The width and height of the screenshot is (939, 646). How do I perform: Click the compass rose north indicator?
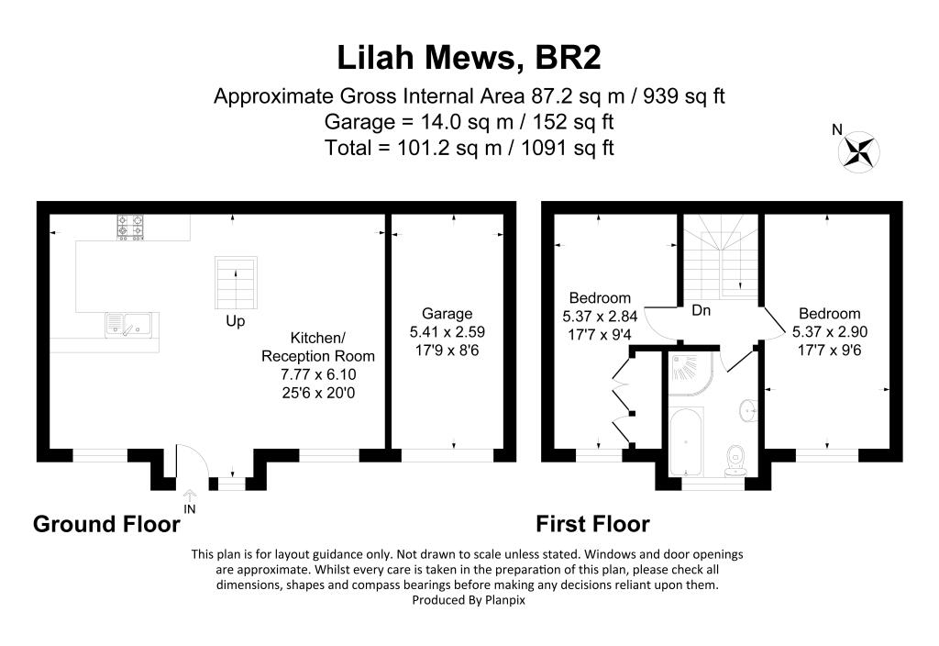click(859, 150)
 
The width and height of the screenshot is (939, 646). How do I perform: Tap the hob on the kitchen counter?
click(129, 227)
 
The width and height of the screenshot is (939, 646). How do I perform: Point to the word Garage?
click(447, 313)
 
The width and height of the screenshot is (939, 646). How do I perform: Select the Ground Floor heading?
click(106, 524)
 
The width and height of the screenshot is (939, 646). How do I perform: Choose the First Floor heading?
click(592, 524)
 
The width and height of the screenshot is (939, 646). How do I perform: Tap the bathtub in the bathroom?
click(684, 445)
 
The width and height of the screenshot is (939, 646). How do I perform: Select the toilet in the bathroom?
click(734, 459)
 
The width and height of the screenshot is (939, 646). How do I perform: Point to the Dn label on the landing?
click(701, 311)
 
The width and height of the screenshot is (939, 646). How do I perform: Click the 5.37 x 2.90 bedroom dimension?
click(829, 331)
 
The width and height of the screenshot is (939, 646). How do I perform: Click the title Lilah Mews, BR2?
click(469, 58)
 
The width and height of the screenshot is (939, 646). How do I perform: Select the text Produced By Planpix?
click(469, 599)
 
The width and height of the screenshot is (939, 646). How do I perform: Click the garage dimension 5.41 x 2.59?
click(447, 330)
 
